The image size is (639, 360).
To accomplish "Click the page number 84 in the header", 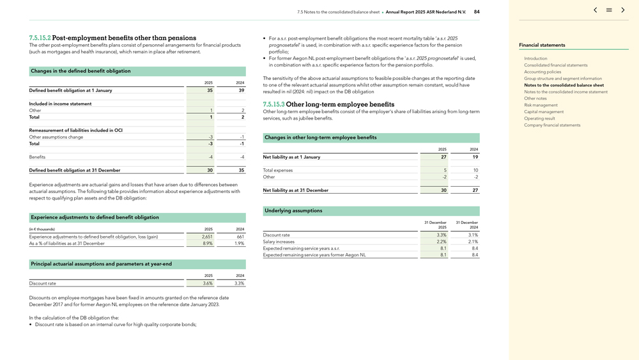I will [x=477, y=12].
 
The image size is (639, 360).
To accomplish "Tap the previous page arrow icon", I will [x=596, y=10].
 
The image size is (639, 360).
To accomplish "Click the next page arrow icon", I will [x=623, y=10].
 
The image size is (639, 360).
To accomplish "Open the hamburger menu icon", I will [x=609, y=10].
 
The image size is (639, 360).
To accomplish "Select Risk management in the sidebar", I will [x=541, y=105].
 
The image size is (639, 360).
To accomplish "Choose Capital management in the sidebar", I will [x=544, y=112].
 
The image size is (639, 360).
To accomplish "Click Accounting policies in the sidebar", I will [x=543, y=72].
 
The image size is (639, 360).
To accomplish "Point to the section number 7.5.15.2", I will [x=40, y=38].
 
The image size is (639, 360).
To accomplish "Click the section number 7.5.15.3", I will [x=273, y=104].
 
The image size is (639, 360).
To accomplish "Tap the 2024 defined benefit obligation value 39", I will [x=241, y=91].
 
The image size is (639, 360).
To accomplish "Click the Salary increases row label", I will [x=279, y=242].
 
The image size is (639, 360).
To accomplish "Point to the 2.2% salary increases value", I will [x=442, y=242].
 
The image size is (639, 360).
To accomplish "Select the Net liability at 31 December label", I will [x=296, y=191].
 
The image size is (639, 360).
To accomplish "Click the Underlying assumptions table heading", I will [x=293, y=211].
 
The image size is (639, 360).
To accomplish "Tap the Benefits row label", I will [x=37, y=157].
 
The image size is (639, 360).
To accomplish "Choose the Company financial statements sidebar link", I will [x=552, y=125].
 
